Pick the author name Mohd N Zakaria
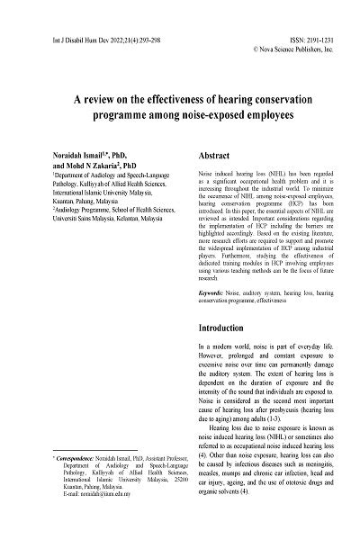pos(84,166)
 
